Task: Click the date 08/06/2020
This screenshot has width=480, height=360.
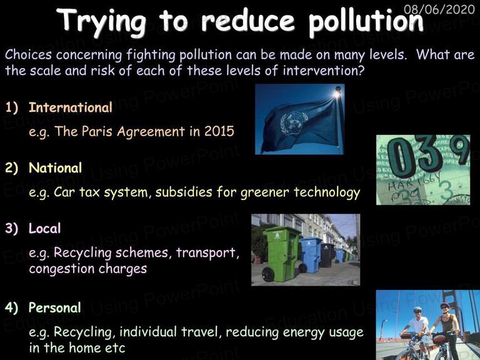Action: [x=439, y=9]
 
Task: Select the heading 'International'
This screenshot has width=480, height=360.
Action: [x=71, y=107]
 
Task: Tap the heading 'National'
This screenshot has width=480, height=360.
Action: [x=56, y=167]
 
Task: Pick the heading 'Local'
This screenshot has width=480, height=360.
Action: [x=45, y=228]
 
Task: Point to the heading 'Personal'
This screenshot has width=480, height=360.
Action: [x=55, y=307]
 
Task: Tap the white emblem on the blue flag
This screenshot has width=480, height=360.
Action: [x=294, y=123]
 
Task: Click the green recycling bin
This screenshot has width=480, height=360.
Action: [x=280, y=254]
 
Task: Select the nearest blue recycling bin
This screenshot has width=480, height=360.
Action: [x=310, y=255]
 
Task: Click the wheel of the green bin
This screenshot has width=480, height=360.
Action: [x=268, y=274]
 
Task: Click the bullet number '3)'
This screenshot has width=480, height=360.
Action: [x=12, y=229]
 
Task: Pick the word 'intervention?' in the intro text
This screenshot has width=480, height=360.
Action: [x=324, y=71]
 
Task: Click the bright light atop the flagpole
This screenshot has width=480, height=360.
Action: [x=337, y=93]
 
